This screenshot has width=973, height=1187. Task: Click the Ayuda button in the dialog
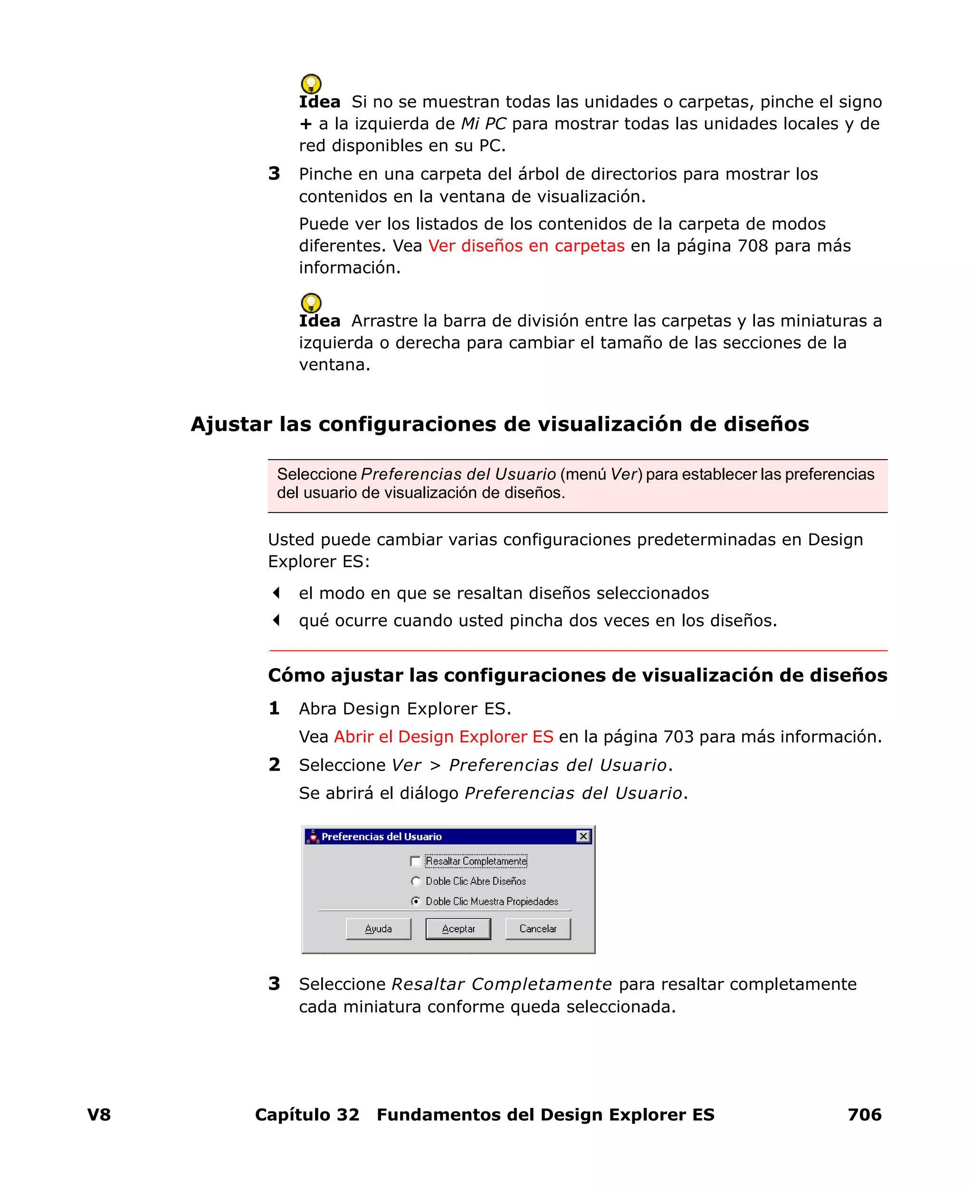click(378, 928)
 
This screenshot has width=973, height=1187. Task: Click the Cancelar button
click(537, 928)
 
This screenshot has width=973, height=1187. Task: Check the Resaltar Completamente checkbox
click(415, 861)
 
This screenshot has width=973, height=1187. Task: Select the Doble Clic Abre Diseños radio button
click(416, 881)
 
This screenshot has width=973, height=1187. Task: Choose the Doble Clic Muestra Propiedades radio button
click(416, 902)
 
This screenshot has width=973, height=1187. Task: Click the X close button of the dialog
click(583, 837)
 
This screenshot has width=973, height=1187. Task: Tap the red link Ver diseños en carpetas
click(526, 246)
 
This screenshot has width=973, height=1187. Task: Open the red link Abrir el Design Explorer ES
click(443, 737)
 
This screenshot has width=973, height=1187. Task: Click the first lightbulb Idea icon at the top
click(311, 84)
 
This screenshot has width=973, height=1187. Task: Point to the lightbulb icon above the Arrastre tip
click(311, 303)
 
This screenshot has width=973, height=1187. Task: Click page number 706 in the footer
click(864, 1115)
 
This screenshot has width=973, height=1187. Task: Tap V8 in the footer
click(99, 1115)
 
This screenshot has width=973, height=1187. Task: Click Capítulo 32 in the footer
click(306, 1115)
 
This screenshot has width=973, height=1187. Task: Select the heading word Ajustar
click(231, 425)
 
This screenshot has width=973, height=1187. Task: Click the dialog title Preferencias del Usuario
click(381, 837)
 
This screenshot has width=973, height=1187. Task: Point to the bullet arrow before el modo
click(277, 593)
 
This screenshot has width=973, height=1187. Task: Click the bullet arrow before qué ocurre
click(277, 620)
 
